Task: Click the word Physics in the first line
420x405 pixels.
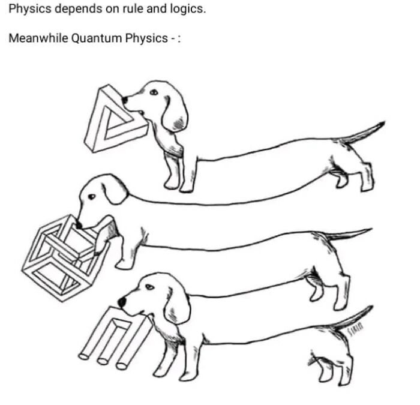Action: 30,9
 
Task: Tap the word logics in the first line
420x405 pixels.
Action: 188,9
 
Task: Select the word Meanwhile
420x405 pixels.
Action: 38,38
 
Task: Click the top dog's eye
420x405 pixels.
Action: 154,92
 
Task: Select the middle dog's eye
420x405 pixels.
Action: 92,197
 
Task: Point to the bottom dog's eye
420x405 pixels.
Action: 150,287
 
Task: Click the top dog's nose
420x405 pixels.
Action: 125,100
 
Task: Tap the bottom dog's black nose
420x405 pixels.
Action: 122,302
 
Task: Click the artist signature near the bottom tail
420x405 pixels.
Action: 355,328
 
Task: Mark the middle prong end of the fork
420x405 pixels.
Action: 103,361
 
